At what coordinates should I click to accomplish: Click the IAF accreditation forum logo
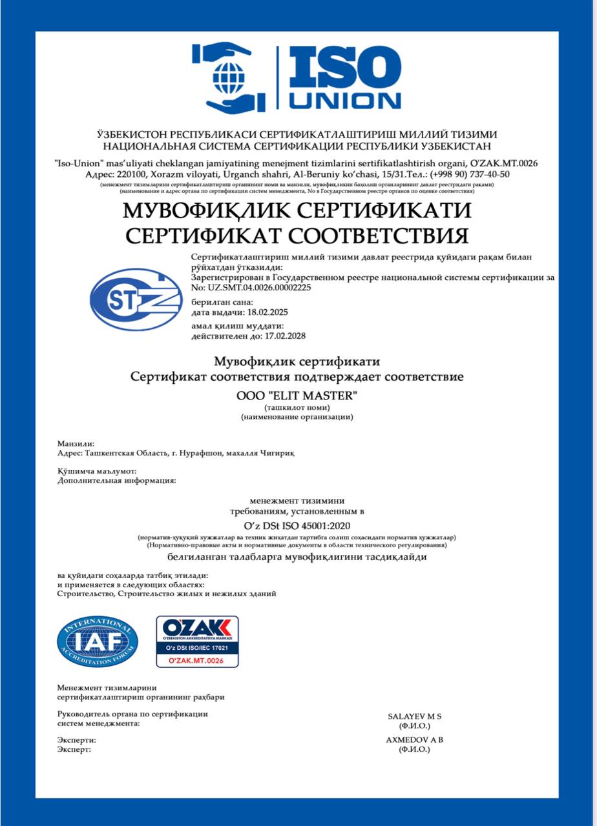click(x=97, y=641)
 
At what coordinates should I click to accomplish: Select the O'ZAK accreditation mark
click(x=197, y=641)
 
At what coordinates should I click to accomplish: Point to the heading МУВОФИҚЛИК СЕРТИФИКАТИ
click(x=297, y=210)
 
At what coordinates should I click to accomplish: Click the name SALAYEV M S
click(x=414, y=716)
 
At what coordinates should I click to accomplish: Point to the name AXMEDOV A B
click(x=414, y=740)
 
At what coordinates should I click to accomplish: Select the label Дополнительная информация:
click(x=116, y=480)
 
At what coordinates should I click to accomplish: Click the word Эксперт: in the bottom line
click(x=74, y=749)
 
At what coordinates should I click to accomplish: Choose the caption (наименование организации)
click(x=297, y=418)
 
